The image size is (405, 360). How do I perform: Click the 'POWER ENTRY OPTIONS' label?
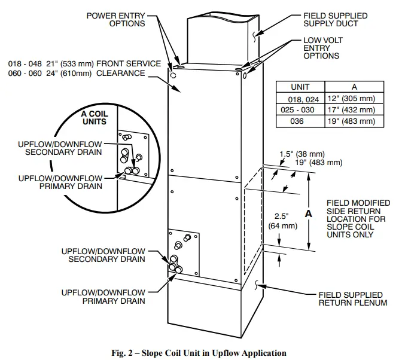coord(116,19)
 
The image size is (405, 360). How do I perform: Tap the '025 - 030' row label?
coord(300,110)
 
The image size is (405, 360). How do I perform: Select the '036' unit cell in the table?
coord(300,121)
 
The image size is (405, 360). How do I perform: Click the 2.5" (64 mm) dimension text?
coord(279,221)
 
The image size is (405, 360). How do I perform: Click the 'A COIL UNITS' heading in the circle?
coord(93,117)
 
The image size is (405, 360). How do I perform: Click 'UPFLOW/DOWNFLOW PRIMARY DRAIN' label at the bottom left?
coord(103,297)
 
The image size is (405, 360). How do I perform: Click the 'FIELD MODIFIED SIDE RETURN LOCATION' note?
coord(358,219)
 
